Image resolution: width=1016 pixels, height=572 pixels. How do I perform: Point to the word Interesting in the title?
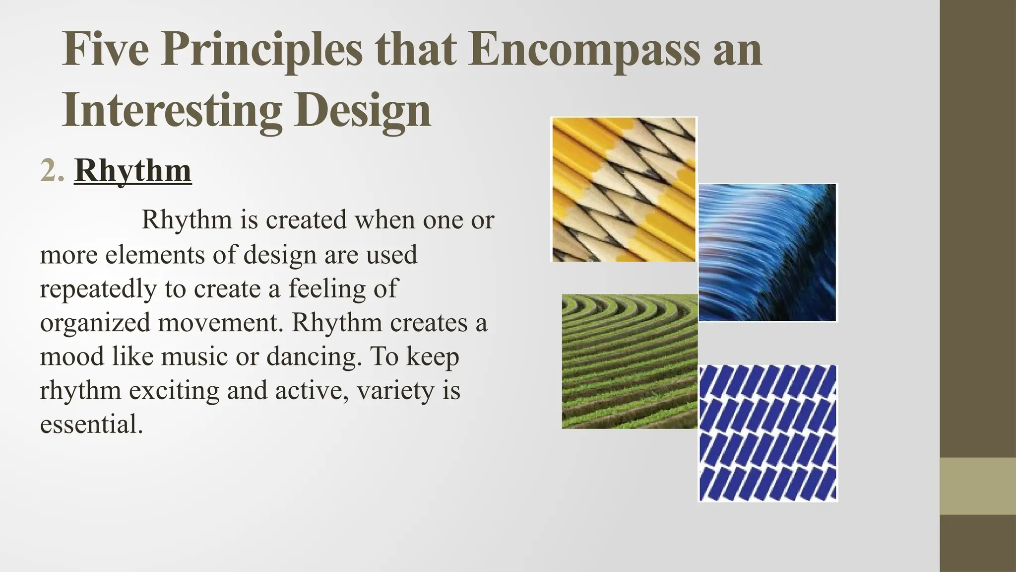tap(172, 110)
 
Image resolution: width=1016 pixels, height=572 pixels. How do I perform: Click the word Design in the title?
tap(362, 110)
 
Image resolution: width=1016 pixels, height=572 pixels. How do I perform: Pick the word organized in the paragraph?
tap(94, 323)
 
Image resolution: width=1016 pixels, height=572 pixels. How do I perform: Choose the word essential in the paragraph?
tap(91, 424)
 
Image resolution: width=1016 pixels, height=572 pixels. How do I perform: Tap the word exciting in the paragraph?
tap(174, 390)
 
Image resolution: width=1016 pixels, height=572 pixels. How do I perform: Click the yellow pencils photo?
tap(624, 189)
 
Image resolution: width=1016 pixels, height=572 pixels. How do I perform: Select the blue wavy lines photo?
tap(767, 253)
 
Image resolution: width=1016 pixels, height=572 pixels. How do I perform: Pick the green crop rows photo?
tap(630, 361)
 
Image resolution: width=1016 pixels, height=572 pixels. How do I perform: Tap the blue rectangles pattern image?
tap(767, 433)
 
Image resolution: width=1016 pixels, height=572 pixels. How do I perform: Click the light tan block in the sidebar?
tap(978, 486)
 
